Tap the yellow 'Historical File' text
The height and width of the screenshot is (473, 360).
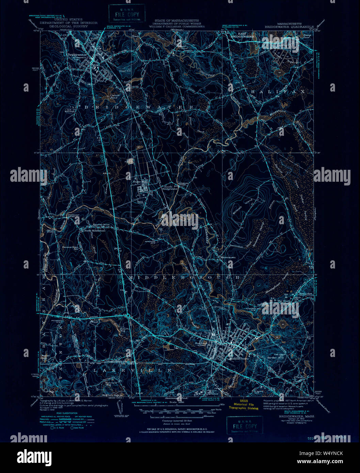244,404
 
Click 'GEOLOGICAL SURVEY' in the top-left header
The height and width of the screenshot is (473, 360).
68,26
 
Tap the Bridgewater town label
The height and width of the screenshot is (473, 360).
77,55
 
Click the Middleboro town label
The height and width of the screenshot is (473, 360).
239,359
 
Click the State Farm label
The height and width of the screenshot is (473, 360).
139,182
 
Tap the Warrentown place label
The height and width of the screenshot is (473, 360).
228,257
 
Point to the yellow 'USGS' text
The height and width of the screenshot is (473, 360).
244,401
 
